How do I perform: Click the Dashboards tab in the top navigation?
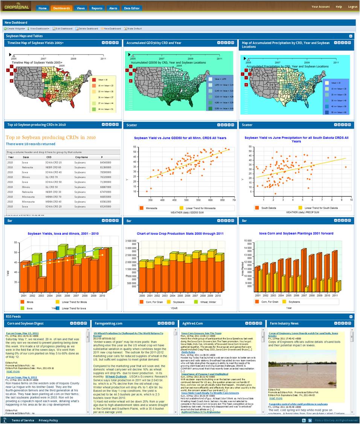[x=61, y=8]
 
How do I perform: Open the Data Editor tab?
[x=132, y=8]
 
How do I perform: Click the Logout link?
[x=352, y=7]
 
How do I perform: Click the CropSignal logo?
[x=18, y=7]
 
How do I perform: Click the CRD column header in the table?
[x=49, y=157]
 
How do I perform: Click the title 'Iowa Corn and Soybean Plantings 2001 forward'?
[x=296, y=233]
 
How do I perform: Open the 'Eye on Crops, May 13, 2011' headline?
[x=22, y=333]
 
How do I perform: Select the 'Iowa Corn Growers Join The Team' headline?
[x=201, y=333]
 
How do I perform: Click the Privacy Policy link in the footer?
[x=48, y=420]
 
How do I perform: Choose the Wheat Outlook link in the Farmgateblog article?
[x=116, y=376]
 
